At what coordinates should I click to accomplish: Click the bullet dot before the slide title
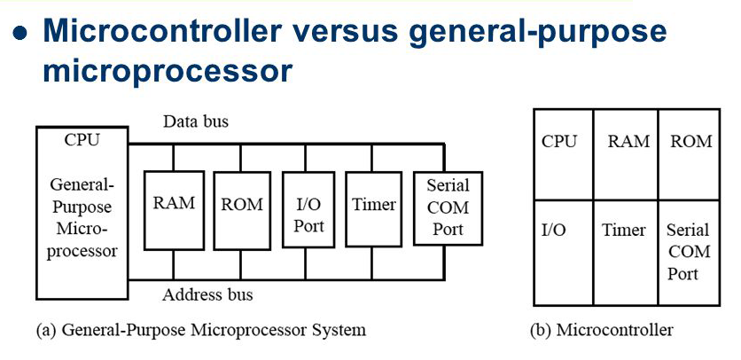[x=21, y=35]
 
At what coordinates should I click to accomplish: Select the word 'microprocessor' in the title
[x=168, y=71]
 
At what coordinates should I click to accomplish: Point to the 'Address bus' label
[x=208, y=293]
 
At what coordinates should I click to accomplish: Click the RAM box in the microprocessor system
[x=174, y=209]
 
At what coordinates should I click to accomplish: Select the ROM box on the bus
[x=241, y=209]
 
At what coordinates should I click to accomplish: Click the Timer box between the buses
[x=373, y=209]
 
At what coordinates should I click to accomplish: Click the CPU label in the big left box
[x=82, y=140]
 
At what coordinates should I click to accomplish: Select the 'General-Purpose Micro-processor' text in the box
[x=82, y=218]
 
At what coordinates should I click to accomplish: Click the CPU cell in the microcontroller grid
[x=559, y=142]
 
